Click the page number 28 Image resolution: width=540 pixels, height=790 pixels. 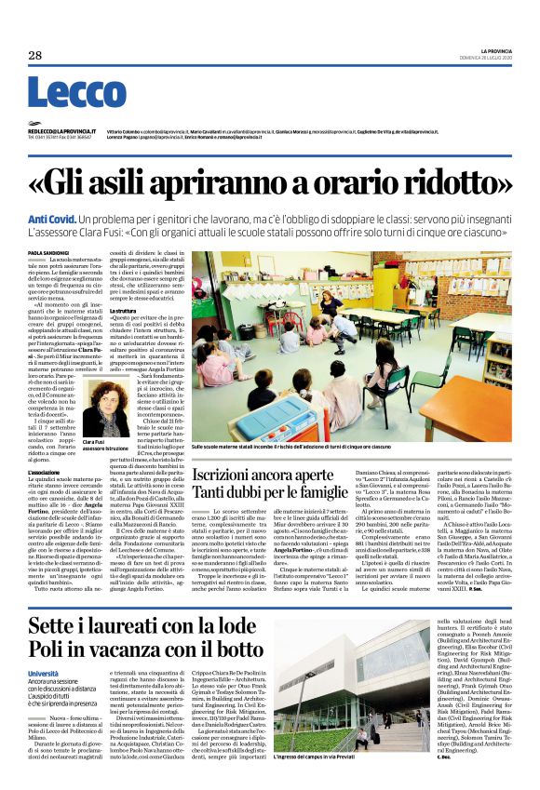click(36, 56)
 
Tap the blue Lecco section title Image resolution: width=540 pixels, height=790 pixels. click(63, 92)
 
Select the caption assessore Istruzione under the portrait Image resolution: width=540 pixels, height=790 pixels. click(107, 448)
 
